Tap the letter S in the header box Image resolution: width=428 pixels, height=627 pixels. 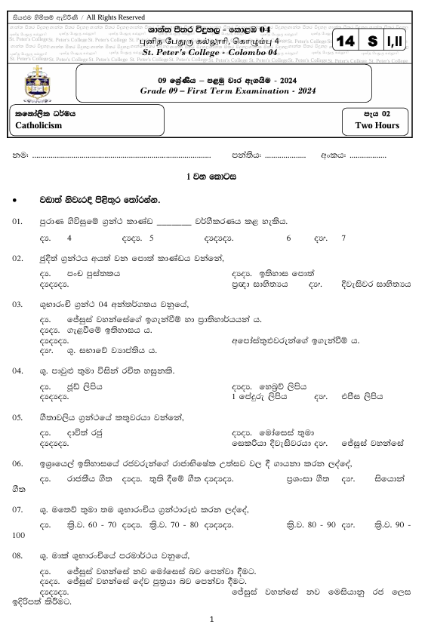[x=374, y=43]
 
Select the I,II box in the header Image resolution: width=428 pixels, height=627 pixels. [x=396, y=43]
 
